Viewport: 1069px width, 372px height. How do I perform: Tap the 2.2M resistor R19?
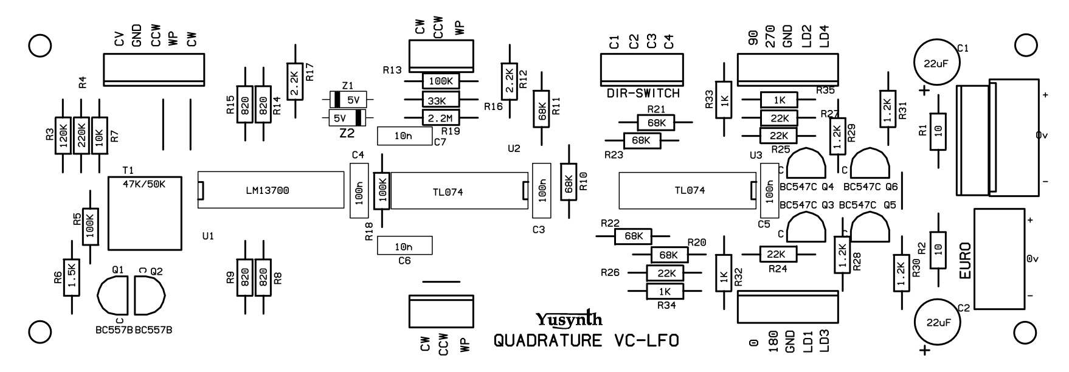[x=440, y=118]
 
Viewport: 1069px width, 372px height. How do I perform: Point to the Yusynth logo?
[x=569, y=319]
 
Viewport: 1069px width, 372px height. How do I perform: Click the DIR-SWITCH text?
[x=643, y=94]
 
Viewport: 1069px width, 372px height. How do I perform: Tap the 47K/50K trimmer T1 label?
[x=144, y=184]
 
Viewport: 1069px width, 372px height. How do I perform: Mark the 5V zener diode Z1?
[x=350, y=99]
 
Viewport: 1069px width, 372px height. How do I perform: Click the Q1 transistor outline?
[x=113, y=295]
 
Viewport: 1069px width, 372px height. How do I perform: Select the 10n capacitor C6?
[x=404, y=246]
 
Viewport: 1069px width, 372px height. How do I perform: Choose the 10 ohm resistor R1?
[x=939, y=131]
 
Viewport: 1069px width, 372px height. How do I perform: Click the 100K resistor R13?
[x=440, y=81]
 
